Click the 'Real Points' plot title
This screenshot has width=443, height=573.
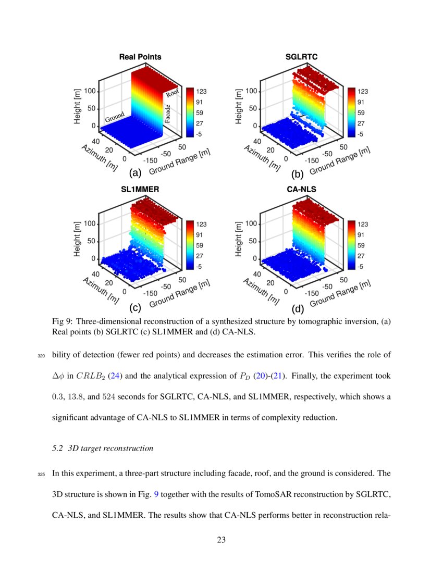point(140,57)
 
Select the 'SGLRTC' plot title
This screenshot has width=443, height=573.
point(301,57)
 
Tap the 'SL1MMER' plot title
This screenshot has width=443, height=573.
point(140,190)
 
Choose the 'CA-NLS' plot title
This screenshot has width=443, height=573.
point(301,190)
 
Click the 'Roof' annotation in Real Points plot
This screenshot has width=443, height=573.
point(172,93)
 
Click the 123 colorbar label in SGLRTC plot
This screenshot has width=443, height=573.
point(362,91)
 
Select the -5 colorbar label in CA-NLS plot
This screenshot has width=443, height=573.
point(360,267)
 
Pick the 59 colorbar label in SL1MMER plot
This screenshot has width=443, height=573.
point(200,245)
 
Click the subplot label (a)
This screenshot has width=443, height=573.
point(134,173)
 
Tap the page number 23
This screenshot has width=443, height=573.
point(221,540)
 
